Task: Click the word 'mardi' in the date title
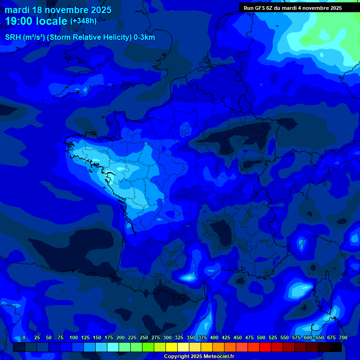click(x=16, y=10)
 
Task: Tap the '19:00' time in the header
click(x=19, y=21)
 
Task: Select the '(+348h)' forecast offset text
click(x=83, y=21)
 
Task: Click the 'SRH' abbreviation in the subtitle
click(x=13, y=37)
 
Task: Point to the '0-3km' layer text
click(x=144, y=37)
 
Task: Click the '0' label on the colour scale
click(x=24, y=338)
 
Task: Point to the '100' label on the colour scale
click(x=74, y=338)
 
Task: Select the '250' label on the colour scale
click(x=144, y=338)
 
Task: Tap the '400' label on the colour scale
click(x=214, y=338)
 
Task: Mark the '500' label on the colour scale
click(x=261, y=338)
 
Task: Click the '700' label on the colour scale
click(x=343, y=338)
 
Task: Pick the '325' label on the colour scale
click(x=179, y=338)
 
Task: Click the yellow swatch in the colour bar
click(x=172, y=347)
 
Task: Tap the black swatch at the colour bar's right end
click(x=336, y=347)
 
